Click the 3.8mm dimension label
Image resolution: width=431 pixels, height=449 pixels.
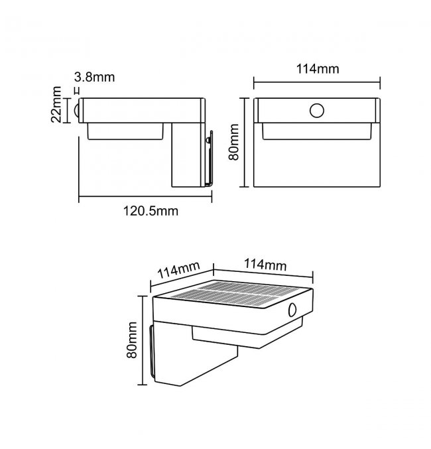(94, 78)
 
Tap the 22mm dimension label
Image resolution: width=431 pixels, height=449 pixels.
(56, 104)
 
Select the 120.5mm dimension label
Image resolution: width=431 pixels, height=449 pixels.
(151, 211)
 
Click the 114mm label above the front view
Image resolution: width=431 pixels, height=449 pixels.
(318, 69)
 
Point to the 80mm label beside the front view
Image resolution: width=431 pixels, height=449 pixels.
(233, 142)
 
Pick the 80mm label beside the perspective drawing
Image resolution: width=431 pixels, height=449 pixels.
(132, 340)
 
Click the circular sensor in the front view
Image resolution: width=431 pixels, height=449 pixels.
(317, 111)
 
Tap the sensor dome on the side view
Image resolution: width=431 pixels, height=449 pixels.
(76, 111)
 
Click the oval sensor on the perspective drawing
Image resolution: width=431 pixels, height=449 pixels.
(292, 310)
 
